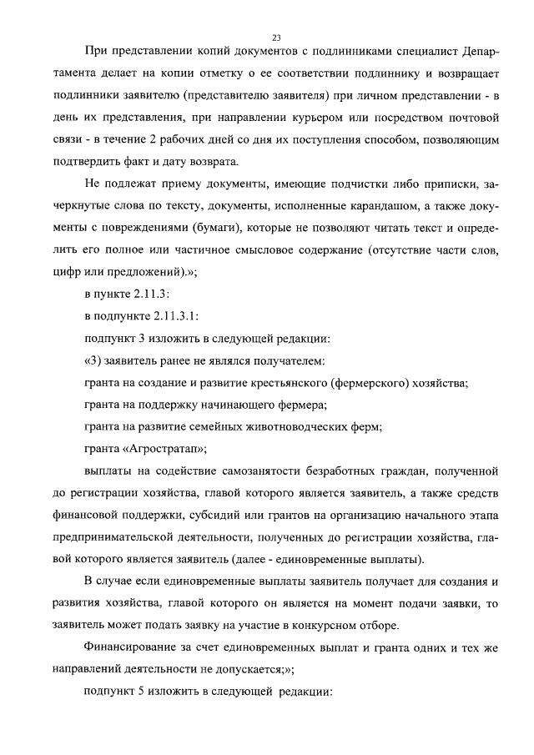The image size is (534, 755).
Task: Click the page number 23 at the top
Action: (x=276, y=37)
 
